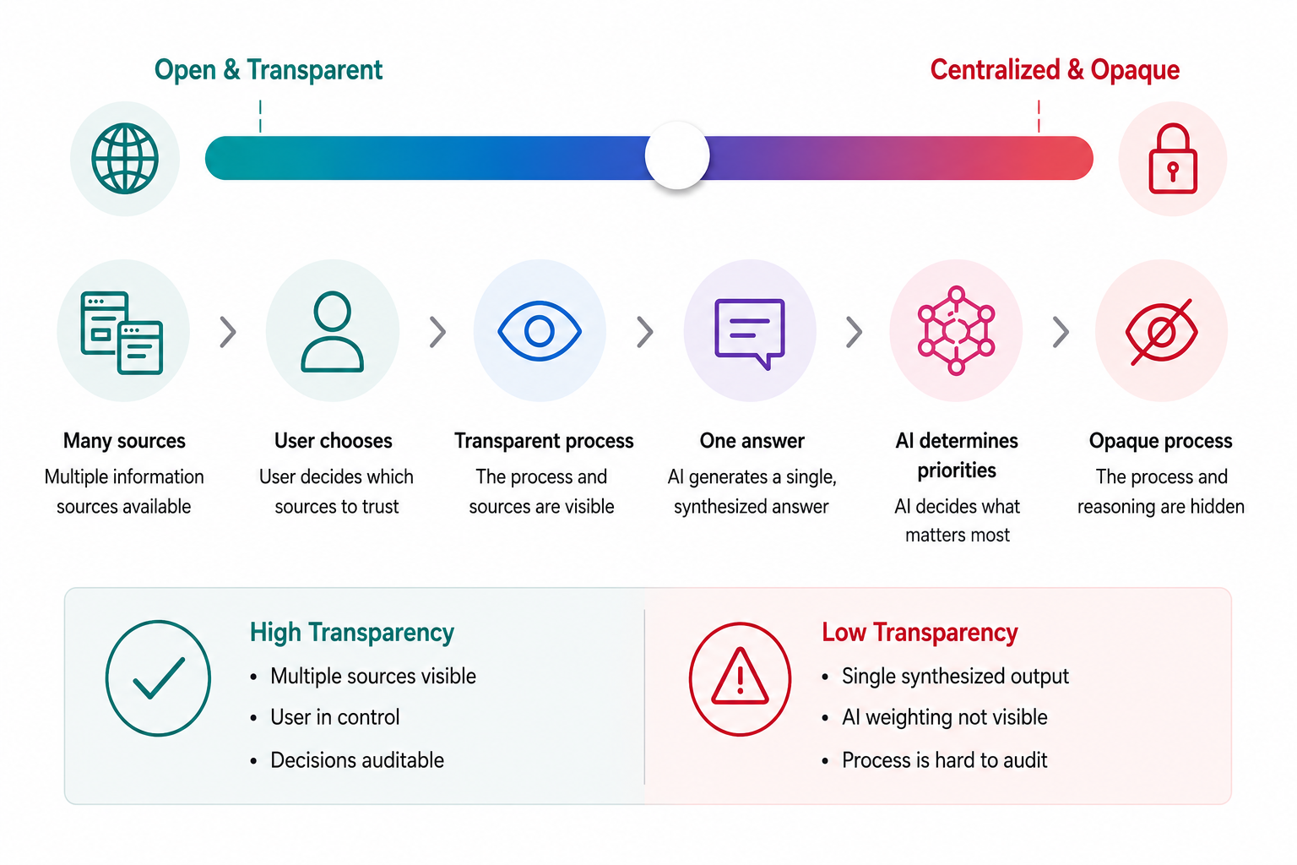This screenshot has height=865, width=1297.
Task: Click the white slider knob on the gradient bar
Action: point(677,155)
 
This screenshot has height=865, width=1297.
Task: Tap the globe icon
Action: point(124,158)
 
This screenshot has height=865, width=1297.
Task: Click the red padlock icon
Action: point(1173,158)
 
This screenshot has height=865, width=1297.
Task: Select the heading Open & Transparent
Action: point(268,70)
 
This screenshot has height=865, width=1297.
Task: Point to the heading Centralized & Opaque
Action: point(1055,70)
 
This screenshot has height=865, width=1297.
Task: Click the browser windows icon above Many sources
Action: point(122,333)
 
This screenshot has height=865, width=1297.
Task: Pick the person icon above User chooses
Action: point(333,331)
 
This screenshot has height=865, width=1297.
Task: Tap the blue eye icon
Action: point(539,331)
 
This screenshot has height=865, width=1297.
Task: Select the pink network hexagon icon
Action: point(956,331)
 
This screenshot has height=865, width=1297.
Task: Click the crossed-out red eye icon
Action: point(1161,332)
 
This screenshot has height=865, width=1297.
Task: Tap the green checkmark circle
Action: point(158,677)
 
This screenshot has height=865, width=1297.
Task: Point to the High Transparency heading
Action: point(351,632)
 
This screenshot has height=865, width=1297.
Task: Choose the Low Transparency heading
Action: point(920,632)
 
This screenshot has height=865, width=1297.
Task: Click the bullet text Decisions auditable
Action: point(357,760)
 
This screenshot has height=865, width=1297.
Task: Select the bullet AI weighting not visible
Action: point(944,717)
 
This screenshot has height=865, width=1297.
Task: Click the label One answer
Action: point(752,441)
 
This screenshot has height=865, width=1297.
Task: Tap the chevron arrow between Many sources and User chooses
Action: point(228,332)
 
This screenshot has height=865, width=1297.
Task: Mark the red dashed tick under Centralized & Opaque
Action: point(1039,116)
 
